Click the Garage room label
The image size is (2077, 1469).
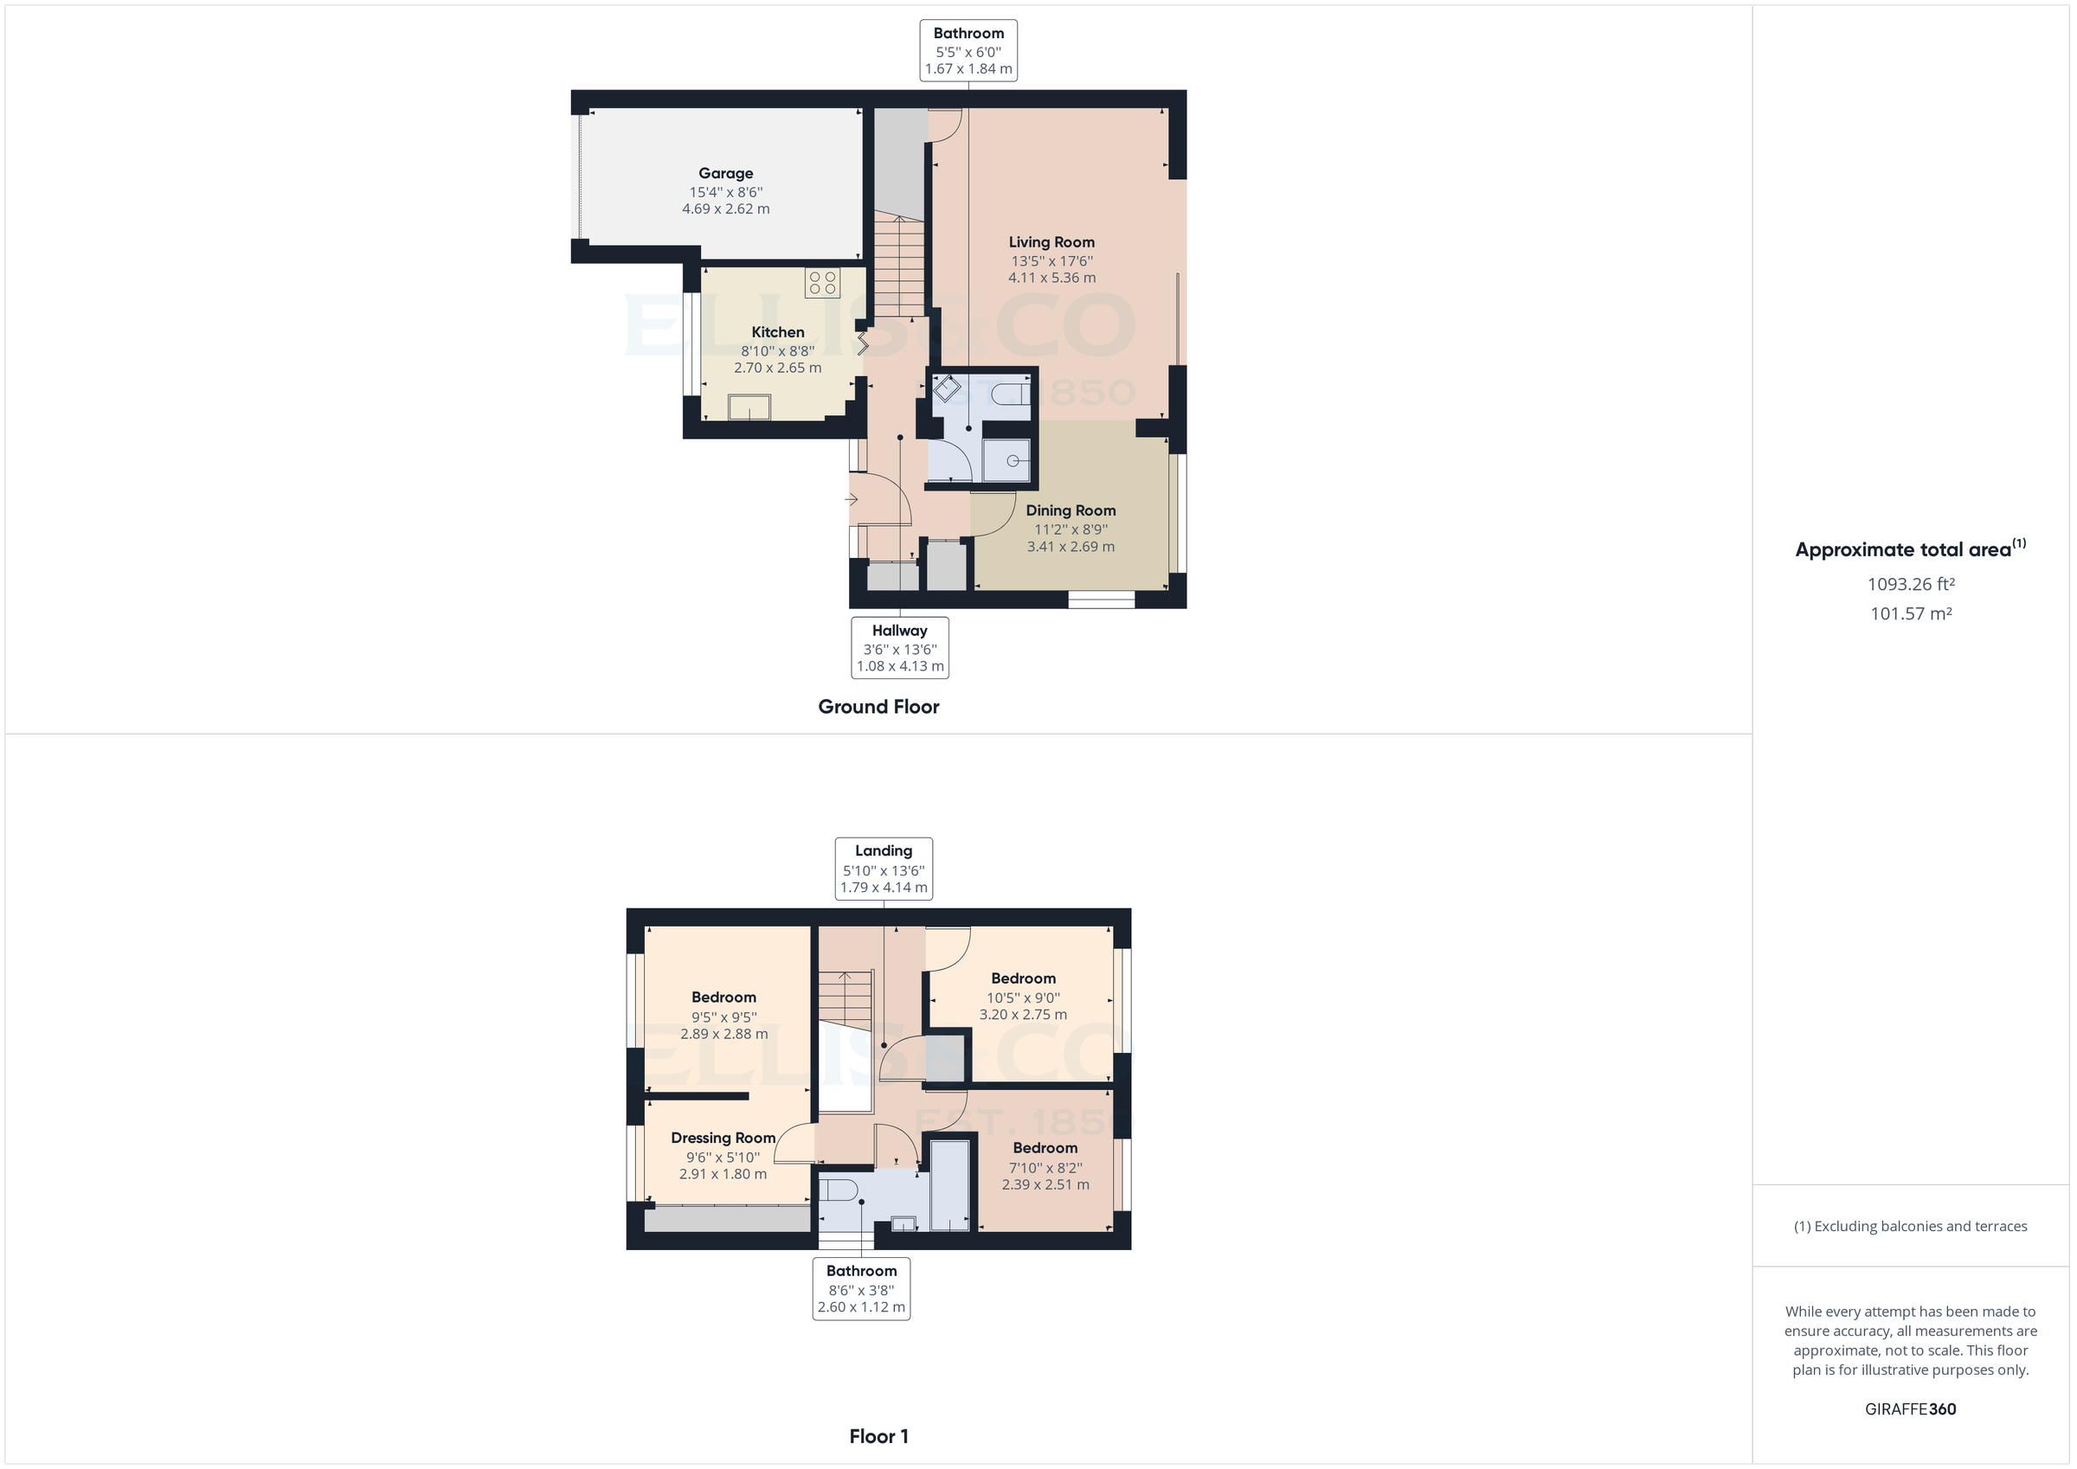click(x=725, y=173)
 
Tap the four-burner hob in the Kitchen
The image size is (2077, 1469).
click(x=821, y=282)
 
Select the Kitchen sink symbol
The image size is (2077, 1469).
click(x=749, y=408)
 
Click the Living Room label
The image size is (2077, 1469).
click(x=1051, y=242)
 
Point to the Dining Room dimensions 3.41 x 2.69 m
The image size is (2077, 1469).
click(x=1071, y=547)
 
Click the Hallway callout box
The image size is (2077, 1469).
click(x=899, y=648)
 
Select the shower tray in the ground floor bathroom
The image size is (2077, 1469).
click(x=1006, y=460)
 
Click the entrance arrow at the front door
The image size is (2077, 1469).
click(x=852, y=499)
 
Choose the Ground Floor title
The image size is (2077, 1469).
click(x=878, y=707)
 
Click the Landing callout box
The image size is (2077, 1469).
click(x=883, y=869)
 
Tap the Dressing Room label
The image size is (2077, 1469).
click(x=723, y=1138)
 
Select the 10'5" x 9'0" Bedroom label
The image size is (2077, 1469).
click(x=1023, y=978)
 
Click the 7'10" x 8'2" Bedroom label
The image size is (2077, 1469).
click(x=1045, y=1148)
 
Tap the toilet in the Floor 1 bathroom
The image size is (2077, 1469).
click(x=838, y=1190)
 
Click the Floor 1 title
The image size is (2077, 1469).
click(x=878, y=1436)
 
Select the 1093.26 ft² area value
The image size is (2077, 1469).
click(x=1911, y=584)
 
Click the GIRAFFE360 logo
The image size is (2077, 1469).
click(x=1910, y=1409)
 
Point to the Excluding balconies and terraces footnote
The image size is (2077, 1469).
click(x=1910, y=1227)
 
